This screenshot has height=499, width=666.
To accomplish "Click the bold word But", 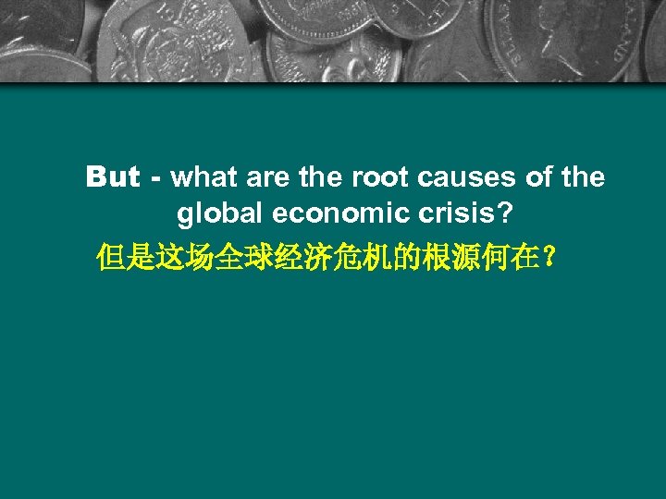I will pyautogui.click(x=112, y=176).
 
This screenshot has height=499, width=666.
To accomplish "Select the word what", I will pyautogui.click(x=202, y=176).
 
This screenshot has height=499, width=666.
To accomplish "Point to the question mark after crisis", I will pyautogui.click(x=503, y=214).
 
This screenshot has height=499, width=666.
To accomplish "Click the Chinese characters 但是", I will pyautogui.click(x=125, y=258).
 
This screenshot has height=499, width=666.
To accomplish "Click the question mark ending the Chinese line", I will pyautogui.click(x=550, y=258).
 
